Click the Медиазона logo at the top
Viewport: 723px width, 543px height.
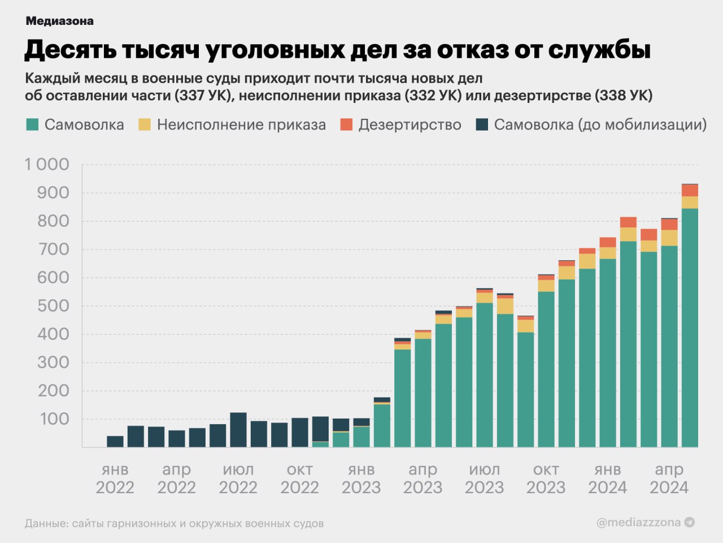(59, 21)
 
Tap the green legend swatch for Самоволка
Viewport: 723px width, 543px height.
(32, 124)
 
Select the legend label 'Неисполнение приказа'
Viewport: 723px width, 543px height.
(241, 124)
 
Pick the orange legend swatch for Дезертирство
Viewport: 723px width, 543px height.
(346, 124)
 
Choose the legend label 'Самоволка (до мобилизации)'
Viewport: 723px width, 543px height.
(600, 124)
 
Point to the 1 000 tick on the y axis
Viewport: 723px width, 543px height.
(46, 165)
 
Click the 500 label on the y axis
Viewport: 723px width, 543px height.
(53, 306)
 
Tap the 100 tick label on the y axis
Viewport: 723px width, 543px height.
(53, 419)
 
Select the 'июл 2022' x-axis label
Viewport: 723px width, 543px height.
(238, 479)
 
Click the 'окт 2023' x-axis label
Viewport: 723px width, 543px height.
(546, 479)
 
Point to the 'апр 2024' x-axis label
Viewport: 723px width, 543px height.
(669, 479)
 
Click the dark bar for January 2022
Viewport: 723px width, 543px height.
(115, 441)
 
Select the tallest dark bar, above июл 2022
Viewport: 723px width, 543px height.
(238, 430)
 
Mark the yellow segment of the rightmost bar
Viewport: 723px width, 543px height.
(690, 202)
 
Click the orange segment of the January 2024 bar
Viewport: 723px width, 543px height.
(608, 242)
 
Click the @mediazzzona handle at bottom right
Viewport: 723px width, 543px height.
(638, 523)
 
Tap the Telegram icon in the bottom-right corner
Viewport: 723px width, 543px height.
(690, 523)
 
